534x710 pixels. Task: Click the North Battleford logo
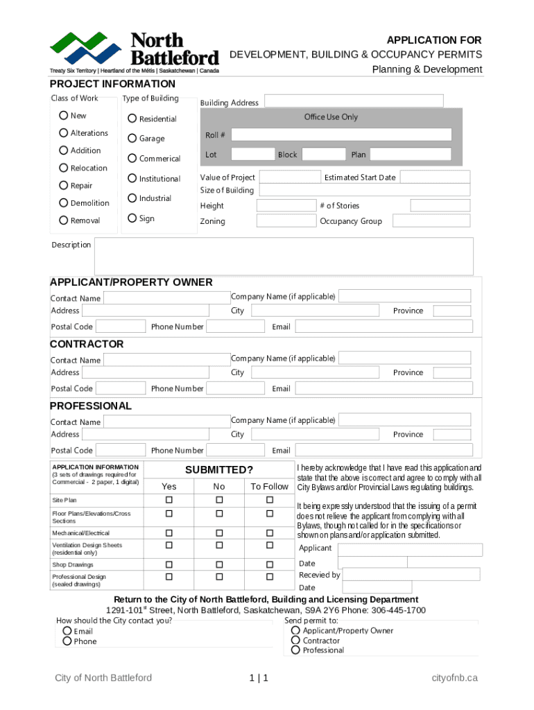134,52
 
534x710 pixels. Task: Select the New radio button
64,116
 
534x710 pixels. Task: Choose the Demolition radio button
64,203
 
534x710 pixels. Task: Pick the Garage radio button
132,138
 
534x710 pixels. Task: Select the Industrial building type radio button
132,198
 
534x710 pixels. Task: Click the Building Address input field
354,101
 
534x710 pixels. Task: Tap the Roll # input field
341,135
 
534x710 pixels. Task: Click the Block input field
323,155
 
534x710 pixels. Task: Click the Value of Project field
289,177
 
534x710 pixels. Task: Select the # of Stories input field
440,205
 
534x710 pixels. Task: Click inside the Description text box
284,256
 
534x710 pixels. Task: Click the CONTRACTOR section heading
87,344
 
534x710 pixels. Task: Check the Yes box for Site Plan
169,500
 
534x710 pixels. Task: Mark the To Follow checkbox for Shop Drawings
270,564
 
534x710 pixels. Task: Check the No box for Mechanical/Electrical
219,532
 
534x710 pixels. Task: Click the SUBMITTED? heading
218,469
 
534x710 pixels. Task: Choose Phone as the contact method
67,641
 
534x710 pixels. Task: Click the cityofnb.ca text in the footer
454,677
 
